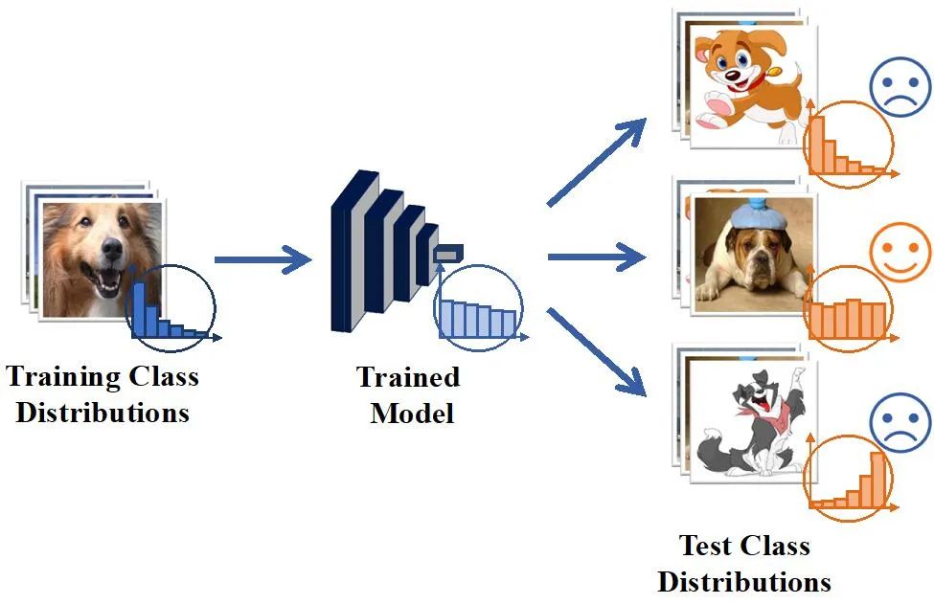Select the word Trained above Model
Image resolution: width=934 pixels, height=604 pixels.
click(x=408, y=377)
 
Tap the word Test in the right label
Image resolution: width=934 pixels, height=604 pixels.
click(x=708, y=546)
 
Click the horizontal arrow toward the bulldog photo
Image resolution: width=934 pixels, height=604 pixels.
click(x=595, y=257)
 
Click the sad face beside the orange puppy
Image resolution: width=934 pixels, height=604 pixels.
click(x=900, y=87)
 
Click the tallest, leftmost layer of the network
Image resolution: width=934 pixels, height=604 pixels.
click(x=343, y=251)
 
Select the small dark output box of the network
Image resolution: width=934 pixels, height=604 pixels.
click(x=447, y=253)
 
